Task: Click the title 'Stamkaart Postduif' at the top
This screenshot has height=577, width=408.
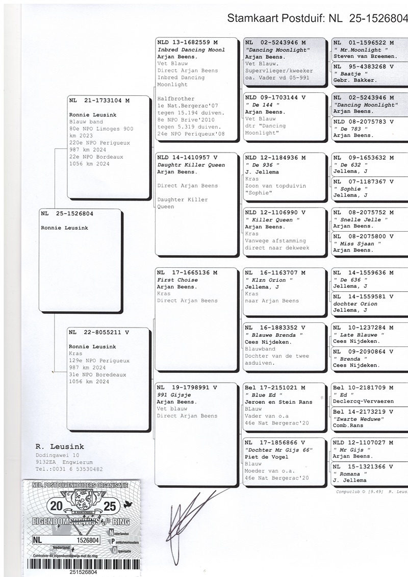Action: tap(275, 19)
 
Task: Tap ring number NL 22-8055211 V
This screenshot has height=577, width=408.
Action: tap(99, 333)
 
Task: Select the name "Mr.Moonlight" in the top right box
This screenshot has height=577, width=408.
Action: tap(359, 50)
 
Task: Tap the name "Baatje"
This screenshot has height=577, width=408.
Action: tap(348, 73)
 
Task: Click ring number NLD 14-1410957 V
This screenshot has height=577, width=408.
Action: tap(187, 158)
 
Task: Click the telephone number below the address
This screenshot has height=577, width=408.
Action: tap(69, 469)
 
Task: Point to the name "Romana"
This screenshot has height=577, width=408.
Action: tap(350, 473)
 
